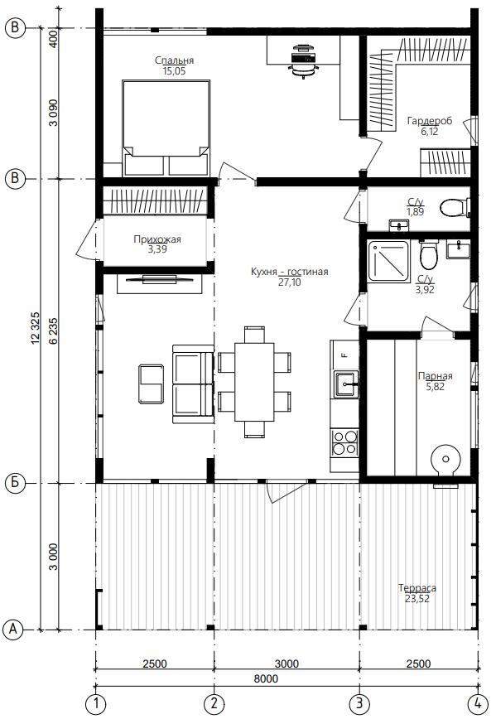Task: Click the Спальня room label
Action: [174, 60]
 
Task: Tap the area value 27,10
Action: [289, 282]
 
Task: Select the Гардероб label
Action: [430, 121]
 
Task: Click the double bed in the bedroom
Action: [166, 128]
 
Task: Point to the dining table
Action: [254, 382]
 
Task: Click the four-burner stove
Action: [344, 442]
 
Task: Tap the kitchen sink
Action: [346, 384]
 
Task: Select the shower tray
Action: [388, 261]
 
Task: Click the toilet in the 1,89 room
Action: [455, 208]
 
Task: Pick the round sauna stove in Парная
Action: [445, 460]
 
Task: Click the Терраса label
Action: [417, 588]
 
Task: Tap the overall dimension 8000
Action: [266, 678]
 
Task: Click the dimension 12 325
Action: [36, 328]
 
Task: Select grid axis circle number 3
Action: [359, 703]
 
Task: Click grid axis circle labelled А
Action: [13, 630]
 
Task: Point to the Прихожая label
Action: [157, 239]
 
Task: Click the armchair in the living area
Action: [151, 384]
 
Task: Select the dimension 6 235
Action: [53, 331]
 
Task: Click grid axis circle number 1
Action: [95, 703]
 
